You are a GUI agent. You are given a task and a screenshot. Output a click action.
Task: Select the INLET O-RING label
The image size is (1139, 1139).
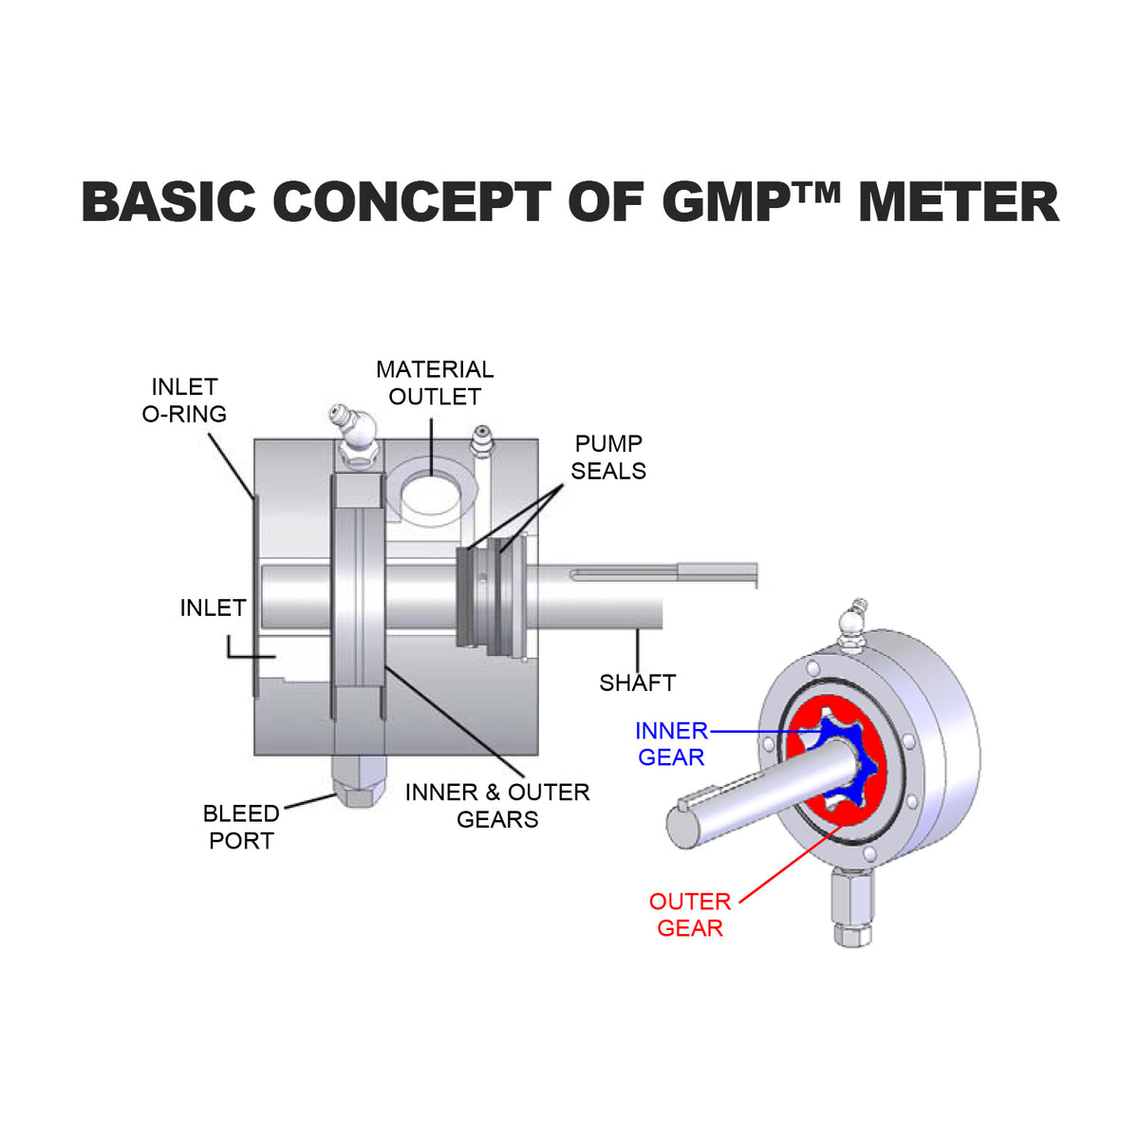(x=184, y=401)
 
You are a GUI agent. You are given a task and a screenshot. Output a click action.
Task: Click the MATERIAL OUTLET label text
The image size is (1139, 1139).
(x=435, y=383)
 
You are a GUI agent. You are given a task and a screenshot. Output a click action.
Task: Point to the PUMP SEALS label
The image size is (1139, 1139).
(x=608, y=457)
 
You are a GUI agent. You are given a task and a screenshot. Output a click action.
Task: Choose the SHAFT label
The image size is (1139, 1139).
(x=637, y=682)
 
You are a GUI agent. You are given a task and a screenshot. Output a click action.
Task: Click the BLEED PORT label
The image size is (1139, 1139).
(x=241, y=827)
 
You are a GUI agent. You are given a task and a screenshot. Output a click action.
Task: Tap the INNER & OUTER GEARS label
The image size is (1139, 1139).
(x=497, y=805)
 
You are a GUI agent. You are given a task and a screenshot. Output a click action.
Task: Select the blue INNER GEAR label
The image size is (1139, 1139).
(x=671, y=744)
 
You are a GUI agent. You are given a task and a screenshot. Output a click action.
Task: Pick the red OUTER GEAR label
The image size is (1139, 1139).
(x=690, y=915)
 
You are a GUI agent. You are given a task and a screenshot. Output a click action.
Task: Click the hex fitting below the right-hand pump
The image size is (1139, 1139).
(x=851, y=906)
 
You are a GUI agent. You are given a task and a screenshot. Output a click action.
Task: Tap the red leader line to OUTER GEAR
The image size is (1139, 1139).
(x=788, y=864)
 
